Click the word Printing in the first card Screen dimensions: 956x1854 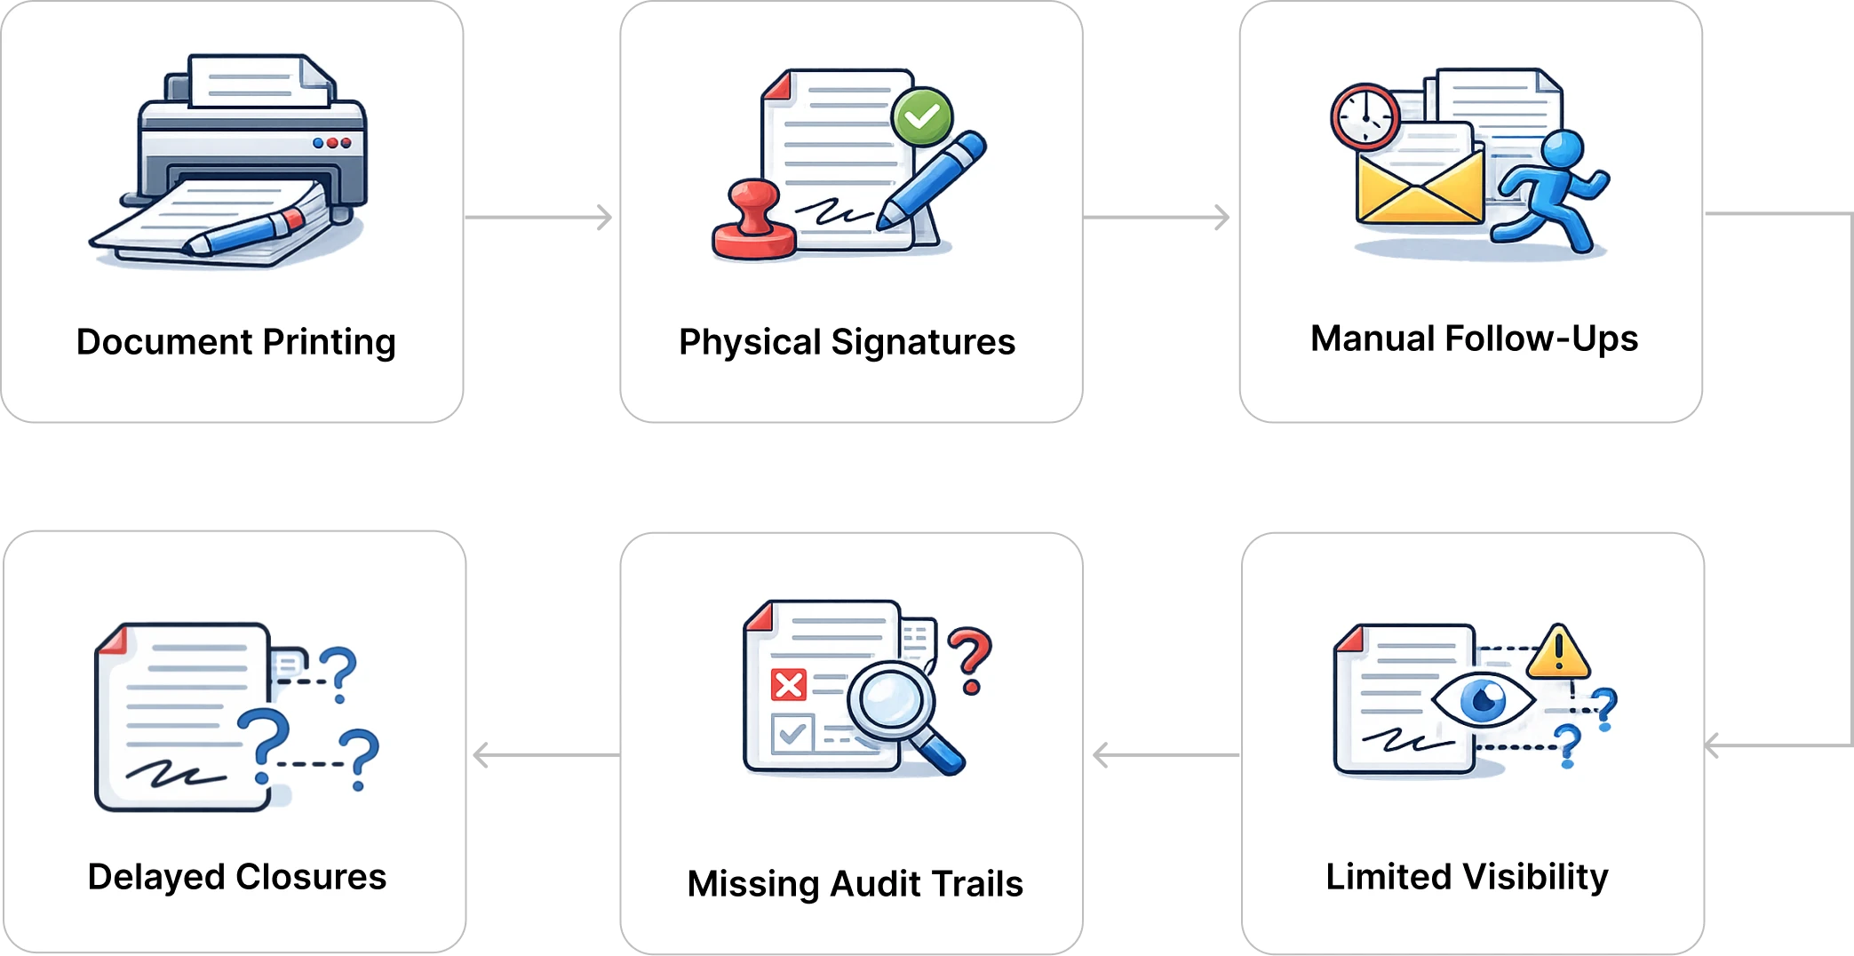click(x=329, y=343)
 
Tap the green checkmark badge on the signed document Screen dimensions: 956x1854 click(x=922, y=116)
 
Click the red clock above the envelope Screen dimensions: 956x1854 click(x=1365, y=116)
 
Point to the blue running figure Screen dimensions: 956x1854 click(x=1554, y=191)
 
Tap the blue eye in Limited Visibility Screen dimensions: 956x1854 click(x=1483, y=701)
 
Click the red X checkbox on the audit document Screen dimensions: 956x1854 click(x=788, y=685)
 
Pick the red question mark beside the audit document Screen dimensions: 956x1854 click(x=969, y=659)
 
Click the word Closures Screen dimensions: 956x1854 click(x=311, y=877)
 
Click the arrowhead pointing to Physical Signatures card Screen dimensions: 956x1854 click(x=607, y=216)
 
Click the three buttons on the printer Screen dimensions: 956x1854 click(x=333, y=142)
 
